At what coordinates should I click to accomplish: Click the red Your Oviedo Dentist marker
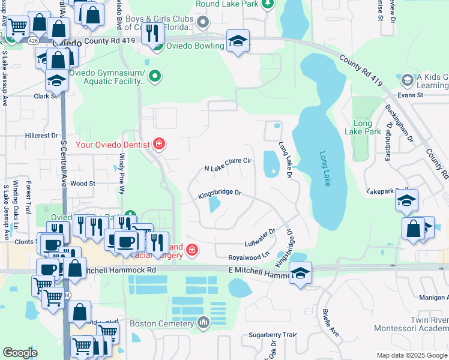click(158, 143)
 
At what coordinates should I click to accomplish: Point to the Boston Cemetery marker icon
click(203, 323)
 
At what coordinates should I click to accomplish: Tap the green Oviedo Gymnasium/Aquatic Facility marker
click(155, 76)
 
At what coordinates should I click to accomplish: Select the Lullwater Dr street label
click(259, 238)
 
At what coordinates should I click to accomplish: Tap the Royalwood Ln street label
click(249, 256)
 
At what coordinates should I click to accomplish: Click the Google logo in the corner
click(20, 353)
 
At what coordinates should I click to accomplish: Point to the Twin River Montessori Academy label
click(412, 324)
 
